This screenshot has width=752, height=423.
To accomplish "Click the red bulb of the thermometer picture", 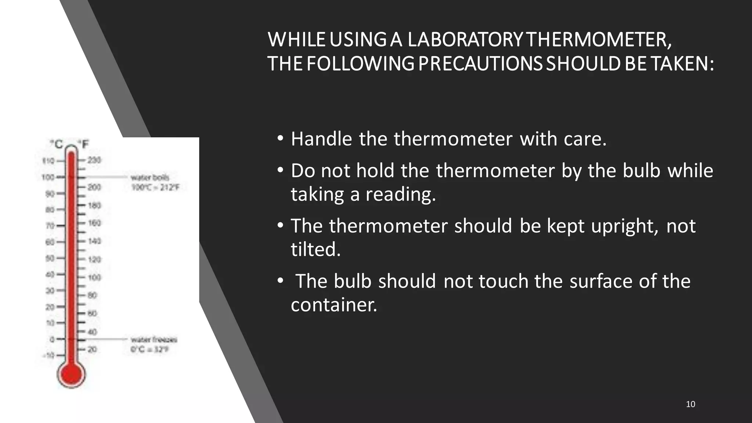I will [71, 375].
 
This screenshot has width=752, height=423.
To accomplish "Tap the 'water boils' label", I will [150, 178].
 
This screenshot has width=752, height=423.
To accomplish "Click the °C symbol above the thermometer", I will [57, 144].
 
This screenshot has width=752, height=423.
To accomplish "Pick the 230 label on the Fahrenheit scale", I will [94, 160].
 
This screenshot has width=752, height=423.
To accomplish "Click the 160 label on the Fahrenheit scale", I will [94, 223].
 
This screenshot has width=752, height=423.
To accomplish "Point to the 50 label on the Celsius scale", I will [50, 258].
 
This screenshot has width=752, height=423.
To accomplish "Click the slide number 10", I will [690, 404].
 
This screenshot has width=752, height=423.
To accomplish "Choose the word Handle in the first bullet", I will [321, 139].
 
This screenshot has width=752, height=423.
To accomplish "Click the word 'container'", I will [334, 305].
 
